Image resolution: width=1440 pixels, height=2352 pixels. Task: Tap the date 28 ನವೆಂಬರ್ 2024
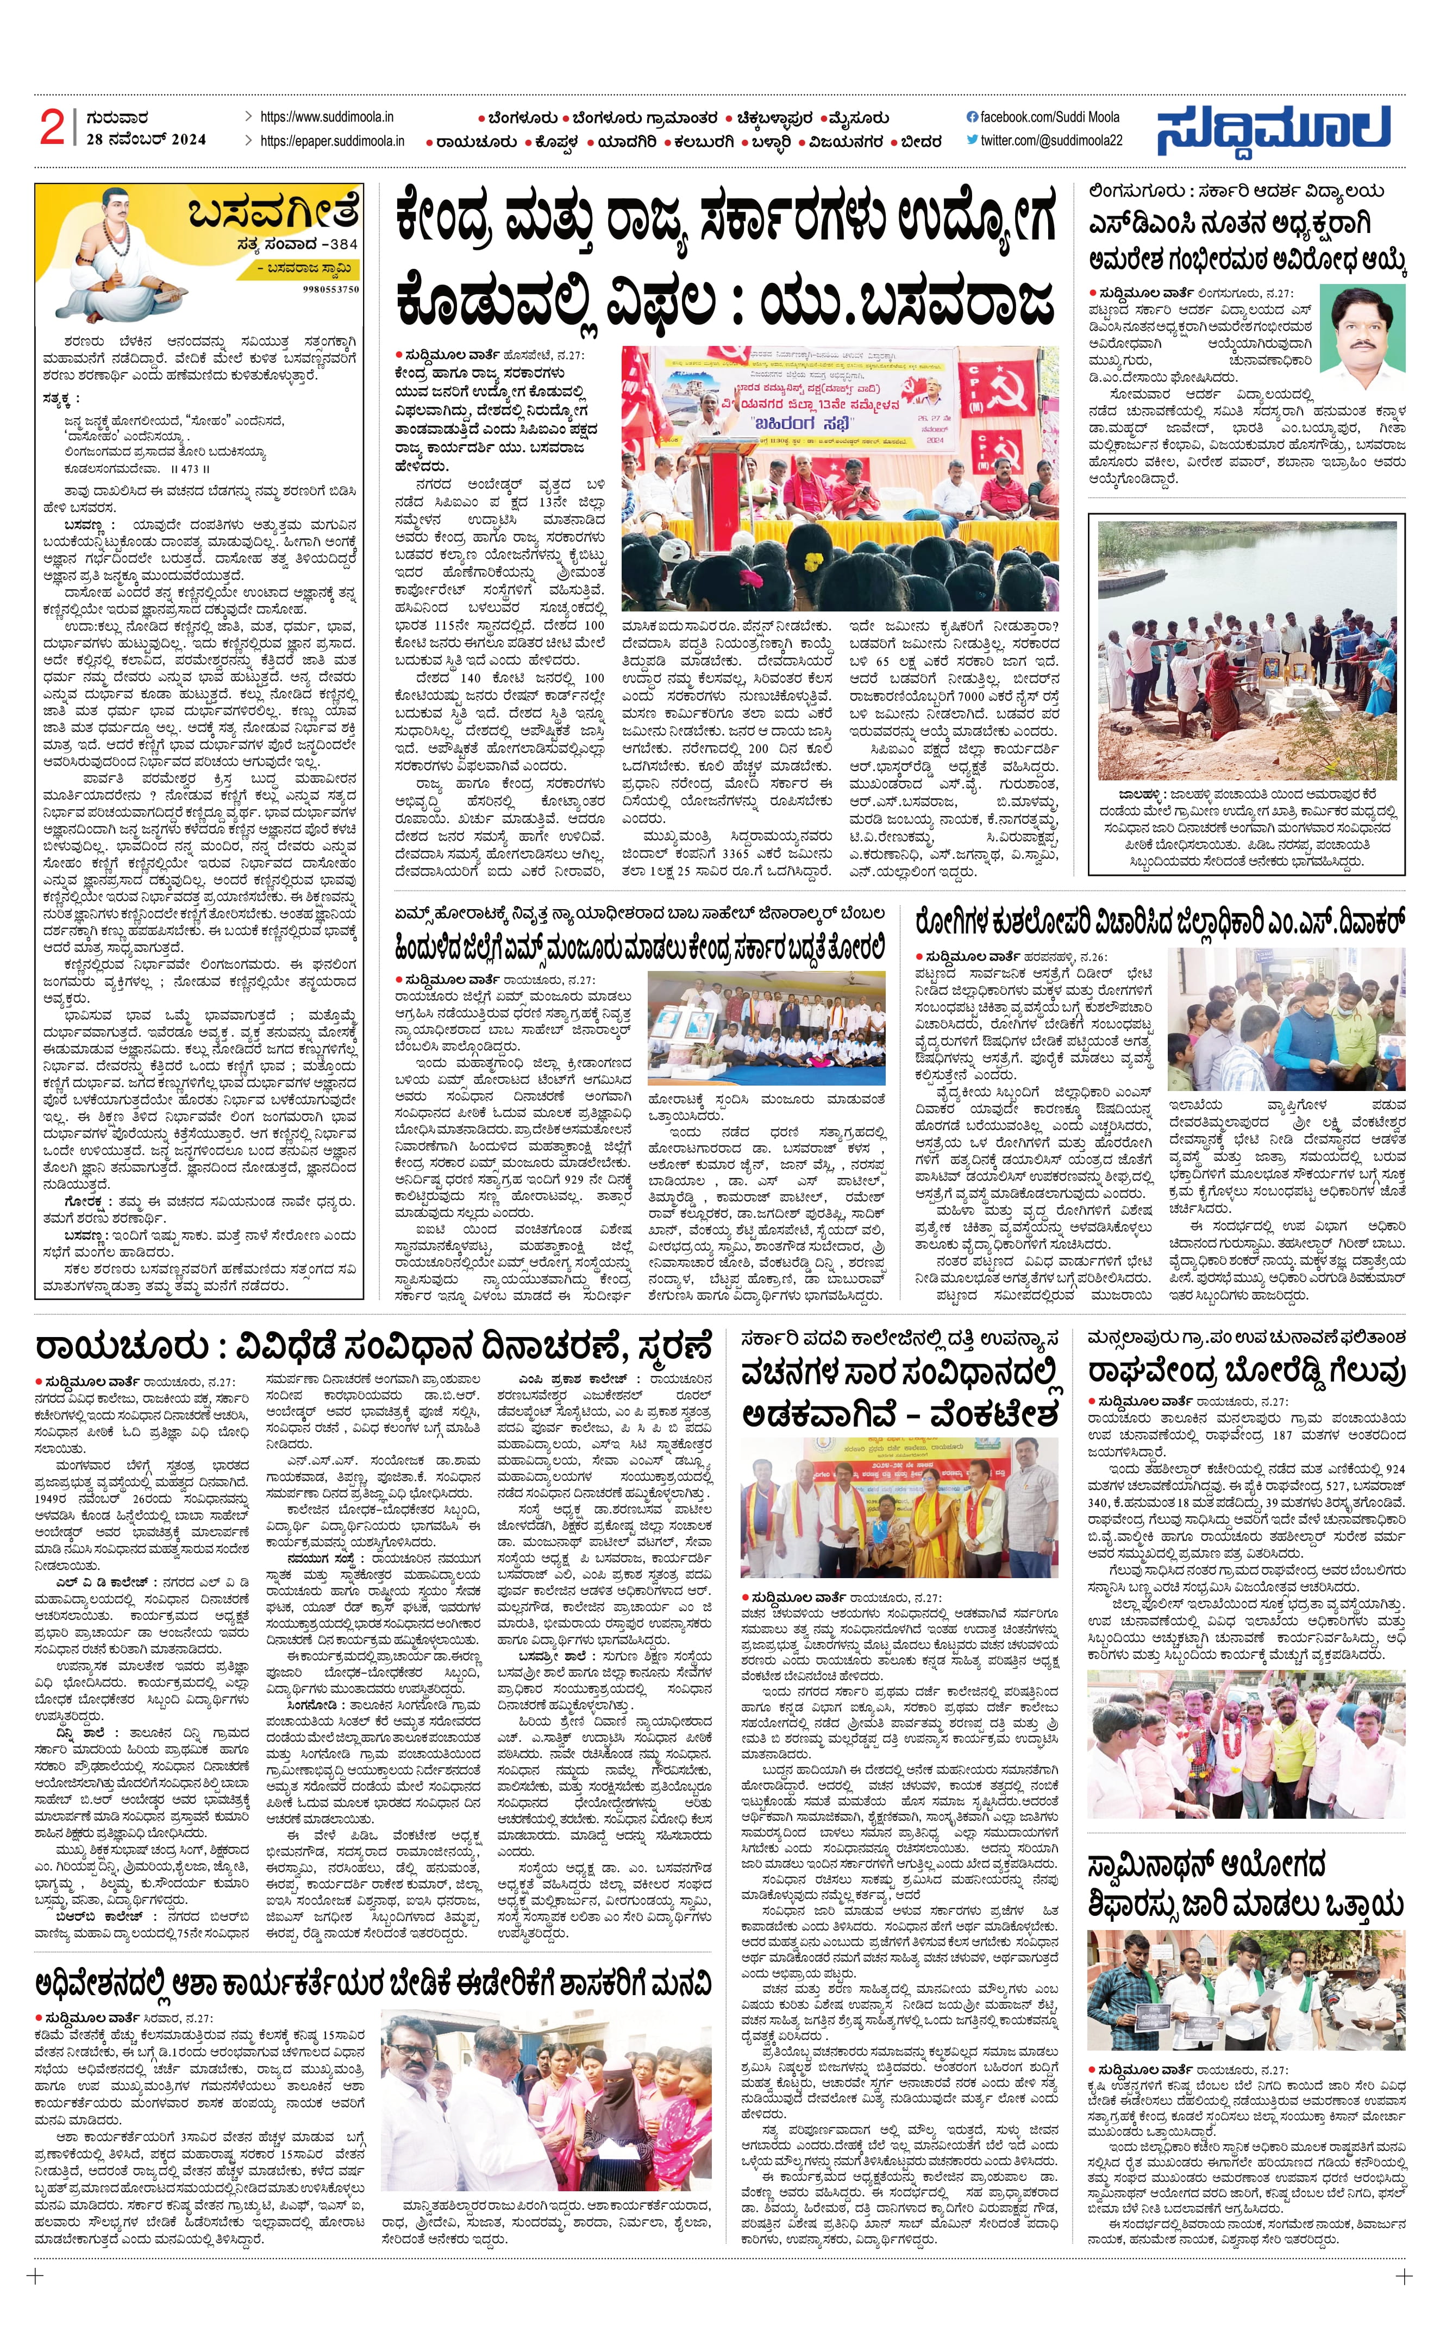click(145, 140)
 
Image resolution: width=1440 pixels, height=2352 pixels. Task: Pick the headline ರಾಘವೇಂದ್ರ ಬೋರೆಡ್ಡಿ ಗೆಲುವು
click(1246, 1372)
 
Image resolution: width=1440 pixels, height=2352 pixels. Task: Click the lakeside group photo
click(1246, 650)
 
